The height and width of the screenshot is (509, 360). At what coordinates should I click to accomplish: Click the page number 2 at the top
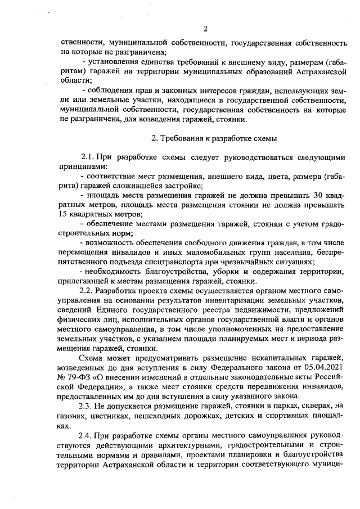pyautogui.click(x=206, y=29)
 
